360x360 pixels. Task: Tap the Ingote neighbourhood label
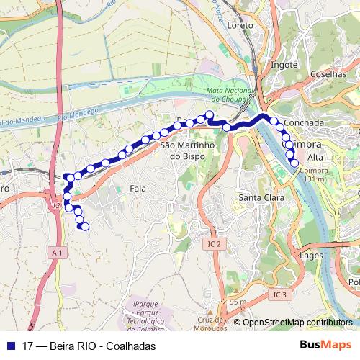[284, 65]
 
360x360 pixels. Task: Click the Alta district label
[315, 157]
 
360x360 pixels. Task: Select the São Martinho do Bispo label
[188, 150]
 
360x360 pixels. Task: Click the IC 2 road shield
[212, 244]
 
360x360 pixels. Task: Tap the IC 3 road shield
[279, 294]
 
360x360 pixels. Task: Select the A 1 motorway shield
[58, 253]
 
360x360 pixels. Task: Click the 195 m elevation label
[235, 301]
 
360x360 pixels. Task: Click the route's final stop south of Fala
[85, 227]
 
